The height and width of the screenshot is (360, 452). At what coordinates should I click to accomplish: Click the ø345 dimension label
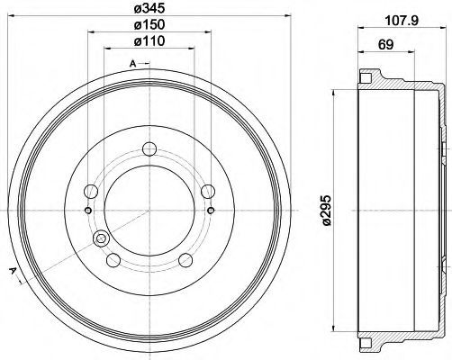[149, 8]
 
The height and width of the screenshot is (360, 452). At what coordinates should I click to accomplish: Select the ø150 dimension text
[149, 24]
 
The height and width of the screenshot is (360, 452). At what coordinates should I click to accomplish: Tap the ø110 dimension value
[149, 40]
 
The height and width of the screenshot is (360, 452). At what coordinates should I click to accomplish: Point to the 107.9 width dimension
[402, 21]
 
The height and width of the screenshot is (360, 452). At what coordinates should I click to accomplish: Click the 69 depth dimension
[385, 45]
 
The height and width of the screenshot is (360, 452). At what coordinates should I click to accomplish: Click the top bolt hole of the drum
[149, 148]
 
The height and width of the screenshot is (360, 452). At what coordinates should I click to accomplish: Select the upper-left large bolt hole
[91, 191]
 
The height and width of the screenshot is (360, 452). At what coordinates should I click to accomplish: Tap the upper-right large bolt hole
[208, 192]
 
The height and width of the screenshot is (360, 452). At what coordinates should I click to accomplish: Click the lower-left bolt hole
[113, 260]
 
